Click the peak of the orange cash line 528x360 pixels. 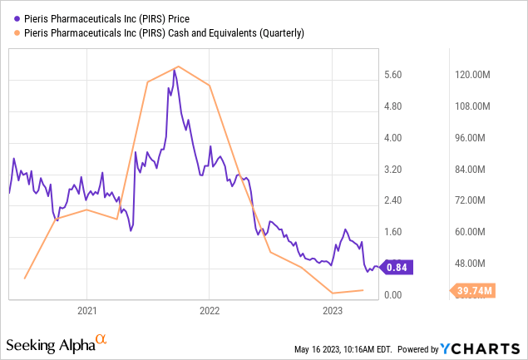tap(177, 67)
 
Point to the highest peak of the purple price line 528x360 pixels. tap(174, 71)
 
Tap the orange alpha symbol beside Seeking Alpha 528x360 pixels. tap(101, 340)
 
